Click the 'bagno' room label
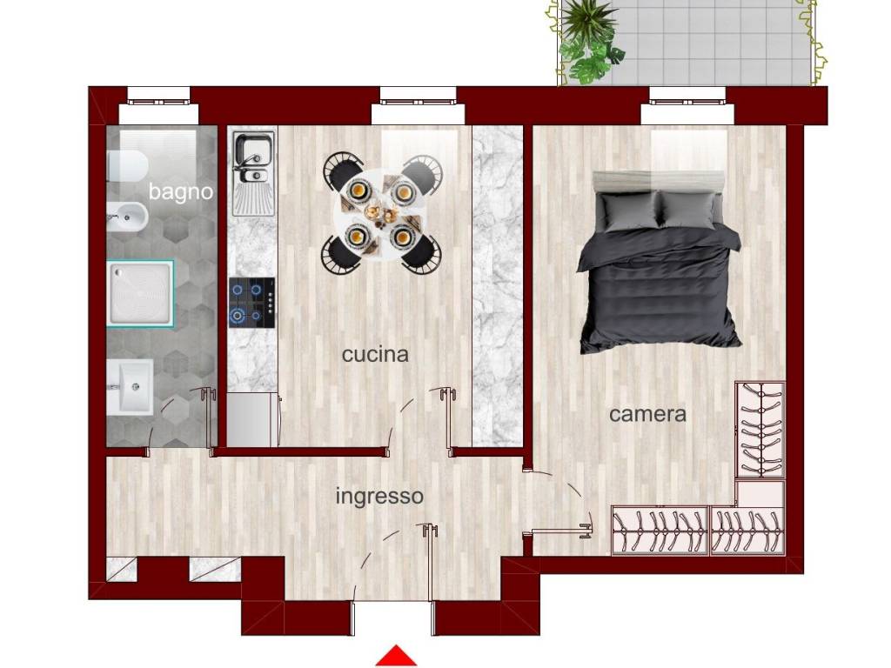tap(181, 192)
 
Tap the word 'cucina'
tap(375, 355)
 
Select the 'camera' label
tap(647, 414)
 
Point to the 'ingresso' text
tap(379, 497)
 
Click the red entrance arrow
tap(396, 656)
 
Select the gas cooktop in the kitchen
tap(252, 303)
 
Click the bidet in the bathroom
tap(127, 217)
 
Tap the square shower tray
tap(140, 293)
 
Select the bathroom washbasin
tap(131, 387)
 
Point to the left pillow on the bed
tap(630, 210)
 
